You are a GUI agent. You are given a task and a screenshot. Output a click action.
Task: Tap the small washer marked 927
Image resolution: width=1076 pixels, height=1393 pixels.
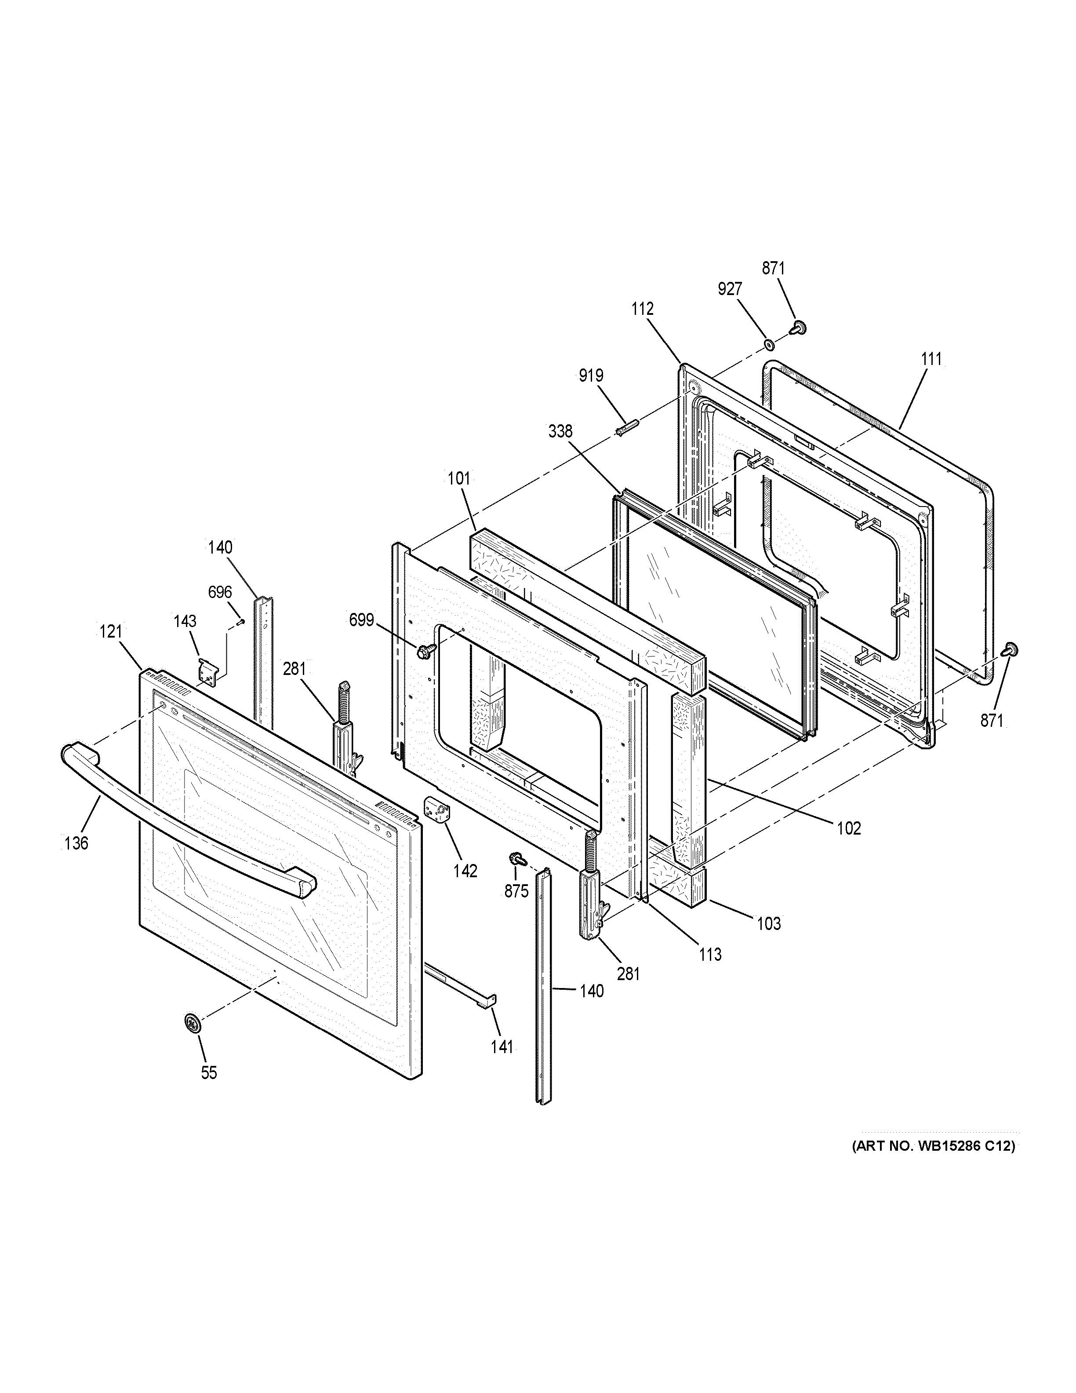point(769,345)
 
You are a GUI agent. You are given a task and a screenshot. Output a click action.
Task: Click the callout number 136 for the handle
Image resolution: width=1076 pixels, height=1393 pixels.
point(76,843)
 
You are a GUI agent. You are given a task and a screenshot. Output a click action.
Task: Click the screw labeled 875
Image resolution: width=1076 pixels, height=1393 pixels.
point(515,861)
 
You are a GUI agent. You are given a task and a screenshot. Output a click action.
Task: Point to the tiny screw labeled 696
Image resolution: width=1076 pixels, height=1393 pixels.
point(241,621)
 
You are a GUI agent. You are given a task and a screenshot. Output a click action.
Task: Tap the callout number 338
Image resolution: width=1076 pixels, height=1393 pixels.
point(560,432)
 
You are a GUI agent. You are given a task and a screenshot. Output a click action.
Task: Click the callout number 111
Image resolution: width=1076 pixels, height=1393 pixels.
point(931,359)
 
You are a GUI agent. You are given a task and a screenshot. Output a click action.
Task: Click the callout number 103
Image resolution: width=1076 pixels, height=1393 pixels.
point(769,923)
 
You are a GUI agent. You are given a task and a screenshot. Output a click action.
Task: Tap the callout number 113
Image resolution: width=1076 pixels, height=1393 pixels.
point(710,954)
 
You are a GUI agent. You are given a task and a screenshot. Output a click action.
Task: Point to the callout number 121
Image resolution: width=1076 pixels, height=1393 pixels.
point(111,631)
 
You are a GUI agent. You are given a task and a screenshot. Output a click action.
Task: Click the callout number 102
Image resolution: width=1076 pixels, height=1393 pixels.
point(848,828)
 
